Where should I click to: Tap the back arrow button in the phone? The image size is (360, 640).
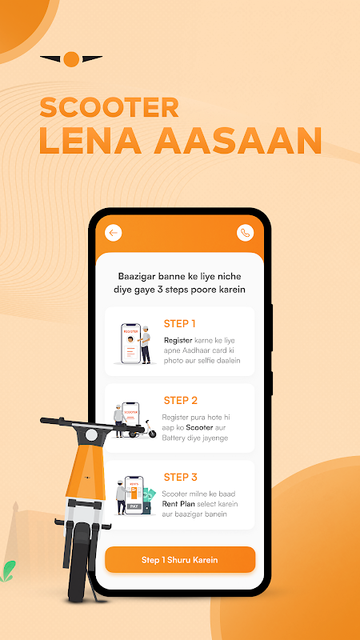[x=114, y=233]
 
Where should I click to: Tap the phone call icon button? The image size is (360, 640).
[x=245, y=233]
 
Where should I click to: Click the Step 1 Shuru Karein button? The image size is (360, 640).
[x=180, y=559]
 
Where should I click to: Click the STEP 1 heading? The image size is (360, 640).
[x=179, y=324]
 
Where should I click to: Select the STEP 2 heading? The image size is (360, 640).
[x=181, y=401]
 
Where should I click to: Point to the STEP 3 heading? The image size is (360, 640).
[x=181, y=477]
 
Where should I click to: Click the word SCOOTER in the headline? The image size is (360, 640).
[x=110, y=107]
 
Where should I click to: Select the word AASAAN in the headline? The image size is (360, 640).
[x=238, y=141]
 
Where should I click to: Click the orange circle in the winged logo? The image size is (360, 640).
[x=71, y=59]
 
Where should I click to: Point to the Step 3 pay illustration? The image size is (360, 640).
[x=134, y=495]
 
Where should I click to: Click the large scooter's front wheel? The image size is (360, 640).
[x=82, y=562]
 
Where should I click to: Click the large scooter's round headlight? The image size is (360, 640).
[x=91, y=435]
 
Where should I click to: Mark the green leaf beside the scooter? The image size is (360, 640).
[x=8, y=570]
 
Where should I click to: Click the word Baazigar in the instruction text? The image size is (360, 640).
[x=135, y=275]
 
